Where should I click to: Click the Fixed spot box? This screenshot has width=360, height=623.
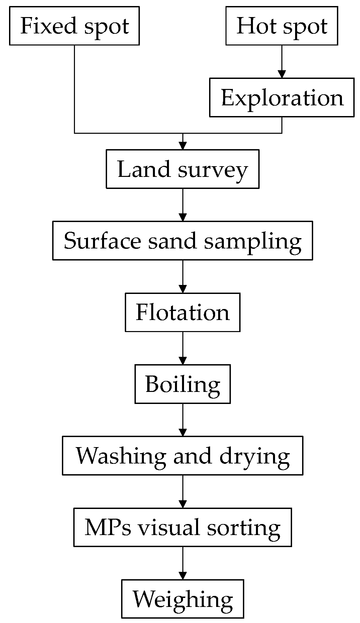(x=74, y=26)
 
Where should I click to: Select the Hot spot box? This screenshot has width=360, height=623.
(x=282, y=26)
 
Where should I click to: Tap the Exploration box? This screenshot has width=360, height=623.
(x=282, y=98)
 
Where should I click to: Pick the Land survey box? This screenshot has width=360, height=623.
(x=182, y=169)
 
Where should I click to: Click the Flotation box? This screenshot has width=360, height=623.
(x=182, y=312)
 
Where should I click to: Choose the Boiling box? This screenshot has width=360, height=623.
(x=182, y=384)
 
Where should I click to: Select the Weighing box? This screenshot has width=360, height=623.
(x=182, y=599)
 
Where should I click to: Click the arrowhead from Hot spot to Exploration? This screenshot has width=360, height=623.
(x=282, y=74)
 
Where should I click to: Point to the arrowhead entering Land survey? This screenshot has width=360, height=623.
(x=182, y=146)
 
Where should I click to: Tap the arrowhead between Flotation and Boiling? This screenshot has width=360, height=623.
(x=182, y=361)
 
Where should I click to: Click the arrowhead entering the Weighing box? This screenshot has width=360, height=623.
(x=182, y=576)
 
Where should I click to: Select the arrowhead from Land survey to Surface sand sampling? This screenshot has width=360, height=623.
(x=182, y=217)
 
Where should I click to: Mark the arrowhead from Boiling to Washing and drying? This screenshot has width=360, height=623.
(x=182, y=432)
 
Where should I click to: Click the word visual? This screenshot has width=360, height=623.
(x=169, y=527)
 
